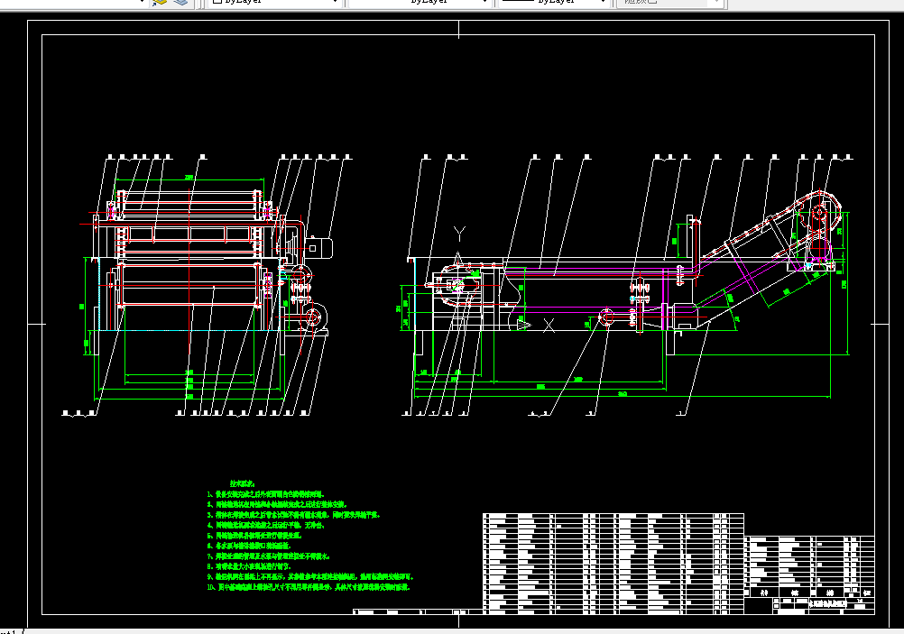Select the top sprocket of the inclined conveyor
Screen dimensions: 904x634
click(x=818, y=218)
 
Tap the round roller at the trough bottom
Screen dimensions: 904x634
click(x=605, y=317)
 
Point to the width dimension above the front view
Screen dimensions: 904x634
click(x=189, y=177)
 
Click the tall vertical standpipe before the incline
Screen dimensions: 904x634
click(x=694, y=243)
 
